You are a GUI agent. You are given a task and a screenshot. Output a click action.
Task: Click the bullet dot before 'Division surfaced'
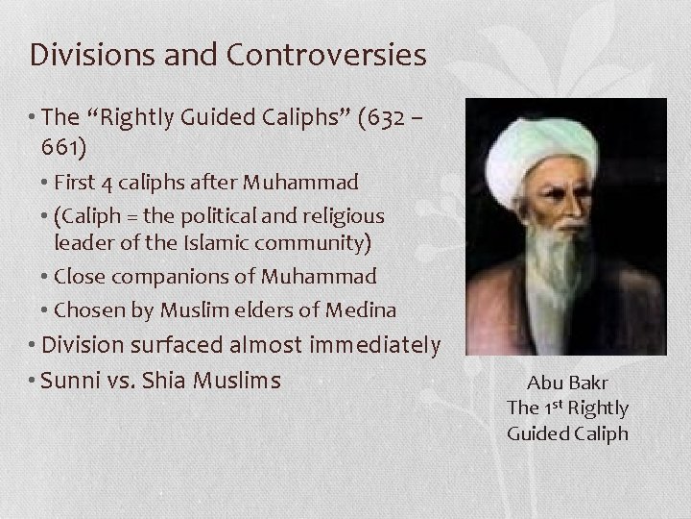[36, 344]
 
